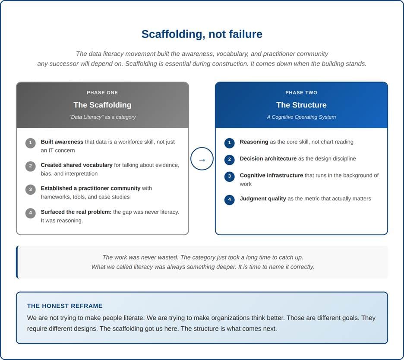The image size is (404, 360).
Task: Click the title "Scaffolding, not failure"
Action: [x=202, y=34]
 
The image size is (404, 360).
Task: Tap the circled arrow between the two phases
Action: [x=202, y=159]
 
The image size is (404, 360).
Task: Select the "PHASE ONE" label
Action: [x=102, y=92]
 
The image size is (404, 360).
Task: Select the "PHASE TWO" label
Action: [x=301, y=92]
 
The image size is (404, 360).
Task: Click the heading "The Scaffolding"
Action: [x=102, y=105]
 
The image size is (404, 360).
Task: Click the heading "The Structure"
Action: [x=301, y=105]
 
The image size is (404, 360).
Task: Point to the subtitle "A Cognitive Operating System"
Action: [x=301, y=117]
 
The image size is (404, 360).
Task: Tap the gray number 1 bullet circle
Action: [x=30, y=143]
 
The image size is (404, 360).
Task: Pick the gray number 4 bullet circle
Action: [x=30, y=213]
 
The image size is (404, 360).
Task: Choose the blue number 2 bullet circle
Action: [x=229, y=160]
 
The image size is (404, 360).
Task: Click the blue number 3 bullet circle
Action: [x=229, y=177]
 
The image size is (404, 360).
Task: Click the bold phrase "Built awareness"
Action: [x=62, y=142]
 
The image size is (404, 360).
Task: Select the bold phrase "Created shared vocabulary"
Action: [x=76, y=165]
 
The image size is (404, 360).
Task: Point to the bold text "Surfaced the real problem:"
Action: [x=76, y=212]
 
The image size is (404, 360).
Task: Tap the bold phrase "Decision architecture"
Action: [x=268, y=158]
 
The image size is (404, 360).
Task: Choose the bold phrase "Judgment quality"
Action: [x=263, y=199]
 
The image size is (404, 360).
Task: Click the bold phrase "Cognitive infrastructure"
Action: [x=271, y=175]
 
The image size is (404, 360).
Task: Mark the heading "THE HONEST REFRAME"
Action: [x=65, y=306]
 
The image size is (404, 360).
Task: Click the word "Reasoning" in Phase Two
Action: [x=254, y=142]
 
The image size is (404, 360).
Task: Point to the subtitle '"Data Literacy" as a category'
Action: [x=102, y=117]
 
